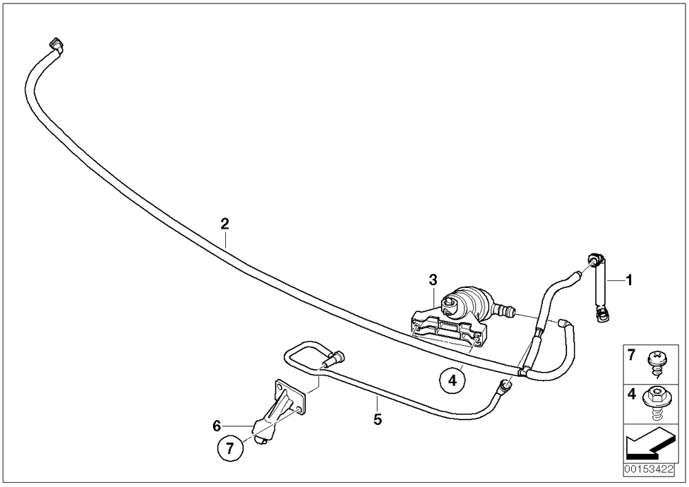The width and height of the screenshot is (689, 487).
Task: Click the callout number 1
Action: [629, 280]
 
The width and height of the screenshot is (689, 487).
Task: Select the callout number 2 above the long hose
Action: [225, 224]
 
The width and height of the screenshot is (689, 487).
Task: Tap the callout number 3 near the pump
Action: [433, 279]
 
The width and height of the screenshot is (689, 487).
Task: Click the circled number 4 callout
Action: [453, 380]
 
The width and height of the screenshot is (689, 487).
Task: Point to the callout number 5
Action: [378, 419]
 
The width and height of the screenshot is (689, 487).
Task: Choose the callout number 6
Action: [216, 426]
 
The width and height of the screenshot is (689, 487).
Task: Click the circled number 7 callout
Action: [230, 448]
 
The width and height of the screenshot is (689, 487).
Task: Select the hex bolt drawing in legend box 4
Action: [657, 404]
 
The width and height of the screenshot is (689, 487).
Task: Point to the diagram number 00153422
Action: [648, 469]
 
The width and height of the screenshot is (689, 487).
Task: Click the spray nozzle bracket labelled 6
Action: [279, 409]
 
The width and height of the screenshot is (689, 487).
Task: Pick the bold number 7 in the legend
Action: [631, 355]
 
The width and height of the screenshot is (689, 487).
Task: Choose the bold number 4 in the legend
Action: [631, 394]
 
